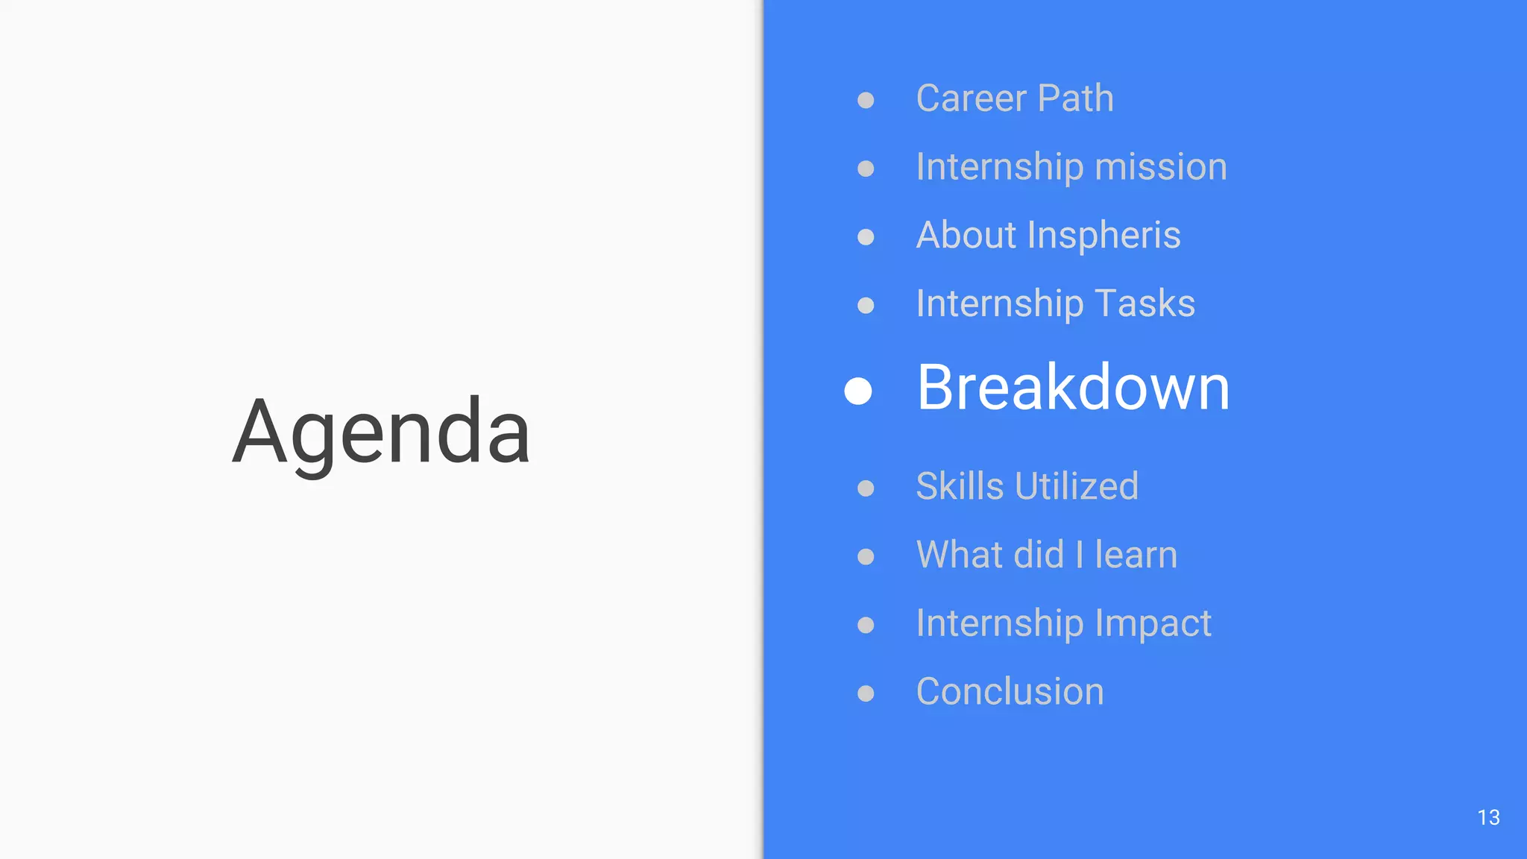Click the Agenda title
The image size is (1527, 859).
click(381, 432)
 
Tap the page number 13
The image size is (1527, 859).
click(1488, 817)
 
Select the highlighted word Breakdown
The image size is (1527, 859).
click(1073, 388)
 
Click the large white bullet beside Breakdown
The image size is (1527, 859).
click(858, 391)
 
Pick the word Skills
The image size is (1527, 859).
click(960, 486)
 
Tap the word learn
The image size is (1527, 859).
click(1136, 555)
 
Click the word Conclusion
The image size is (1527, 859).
click(1010, 691)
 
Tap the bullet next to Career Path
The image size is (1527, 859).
click(866, 100)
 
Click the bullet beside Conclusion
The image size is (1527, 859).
click(866, 693)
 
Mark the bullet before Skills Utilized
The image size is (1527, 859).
click(866, 488)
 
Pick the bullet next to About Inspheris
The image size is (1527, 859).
click(866, 237)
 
